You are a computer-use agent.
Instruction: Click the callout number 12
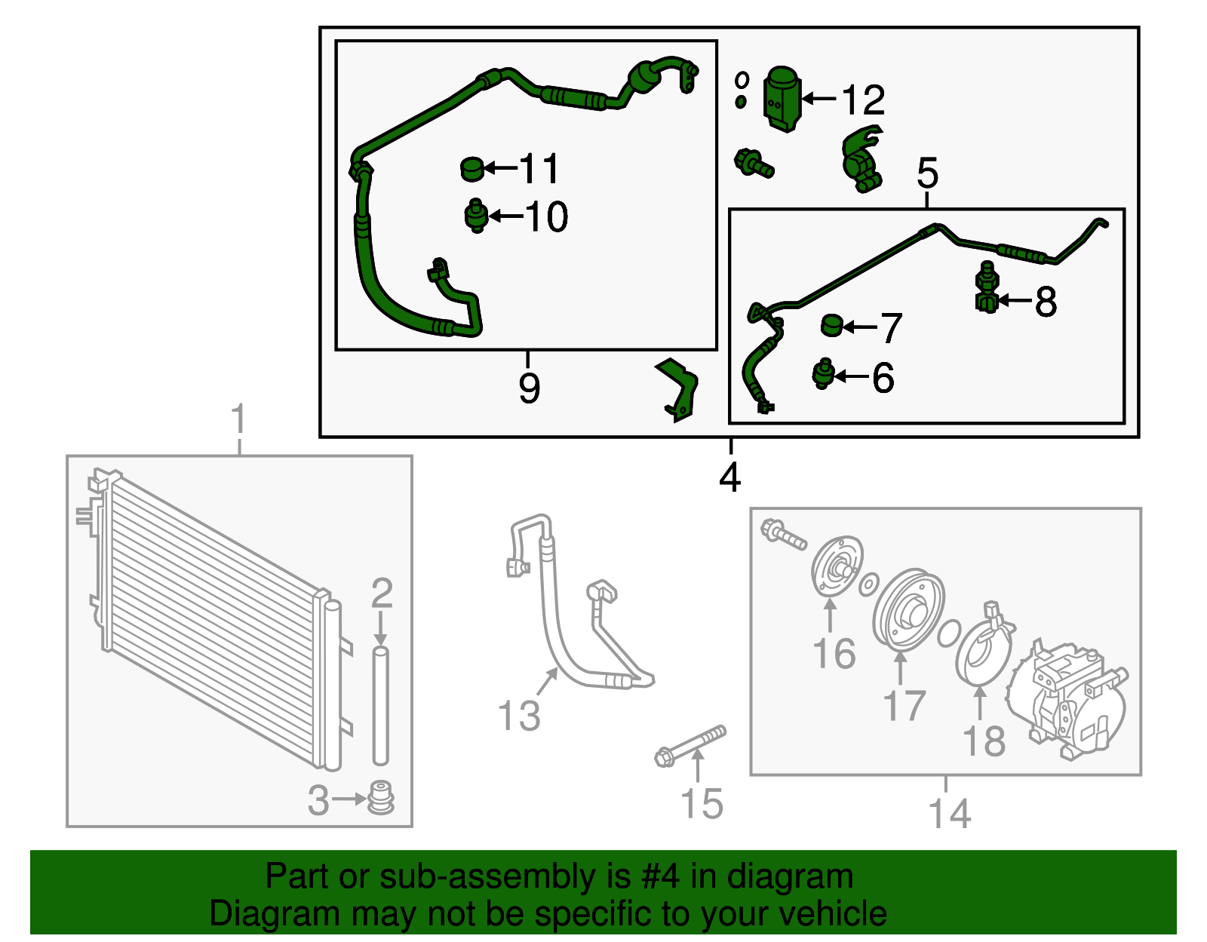click(x=862, y=100)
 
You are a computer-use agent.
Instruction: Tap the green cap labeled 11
click(x=472, y=169)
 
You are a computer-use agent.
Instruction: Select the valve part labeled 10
click(x=476, y=216)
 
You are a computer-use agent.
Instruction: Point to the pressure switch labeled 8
click(x=987, y=290)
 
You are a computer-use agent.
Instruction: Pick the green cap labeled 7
click(x=832, y=326)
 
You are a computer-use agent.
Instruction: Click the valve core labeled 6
click(x=823, y=373)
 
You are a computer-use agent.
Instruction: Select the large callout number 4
click(x=729, y=477)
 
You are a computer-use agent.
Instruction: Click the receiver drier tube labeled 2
click(x=380, y=705)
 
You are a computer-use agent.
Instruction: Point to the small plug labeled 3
click(x=381, y=799)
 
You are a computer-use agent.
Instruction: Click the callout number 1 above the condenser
click(x=238, y=419)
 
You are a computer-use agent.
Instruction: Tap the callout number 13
click(x=519, y=716)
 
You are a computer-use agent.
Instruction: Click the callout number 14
click(x=949, y=814)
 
